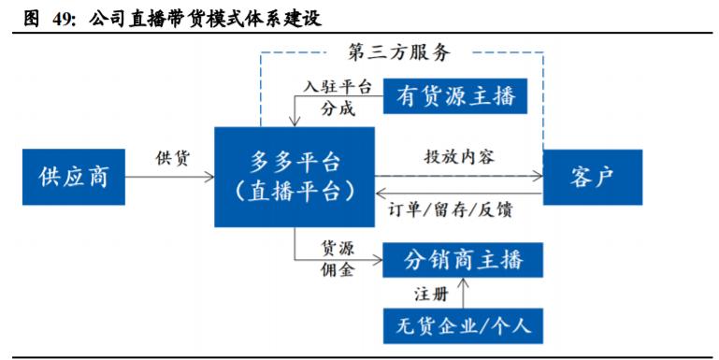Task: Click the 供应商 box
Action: pyautogui.click(x=73, y=177)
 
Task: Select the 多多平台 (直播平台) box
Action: pyautogui.click(x=294, y=177)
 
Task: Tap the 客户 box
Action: pyautogui.click(x=592, y=177)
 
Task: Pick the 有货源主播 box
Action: pyautogui.click(x=455, y=95)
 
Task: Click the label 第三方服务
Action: pyautogui.click(x=398, y=51)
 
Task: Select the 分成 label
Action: pyautogui.click(x=338, y=108)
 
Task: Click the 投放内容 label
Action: pyautogui.click(x=459, y=156)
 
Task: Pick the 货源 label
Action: pyautogui.click(x=338, y=247)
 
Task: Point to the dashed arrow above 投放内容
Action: pyautogui.click(x=458, y=174)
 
